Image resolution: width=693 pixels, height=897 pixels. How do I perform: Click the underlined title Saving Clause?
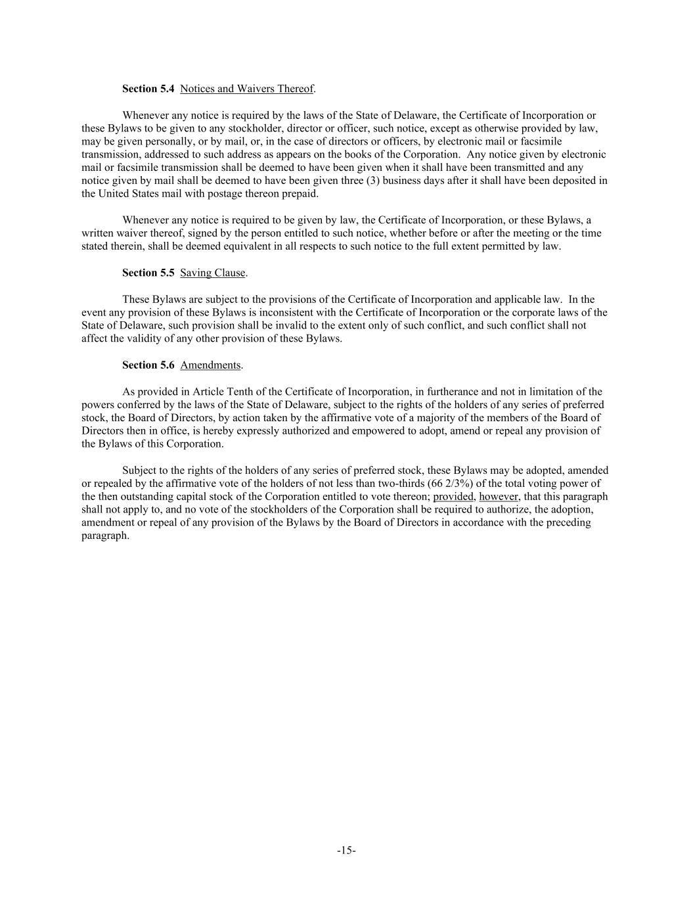213,273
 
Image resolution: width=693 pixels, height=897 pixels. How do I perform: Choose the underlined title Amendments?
210,365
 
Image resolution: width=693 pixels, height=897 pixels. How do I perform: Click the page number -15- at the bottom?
346,850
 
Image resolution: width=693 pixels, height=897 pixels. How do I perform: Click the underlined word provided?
453,497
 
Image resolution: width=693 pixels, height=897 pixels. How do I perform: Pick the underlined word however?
499,497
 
